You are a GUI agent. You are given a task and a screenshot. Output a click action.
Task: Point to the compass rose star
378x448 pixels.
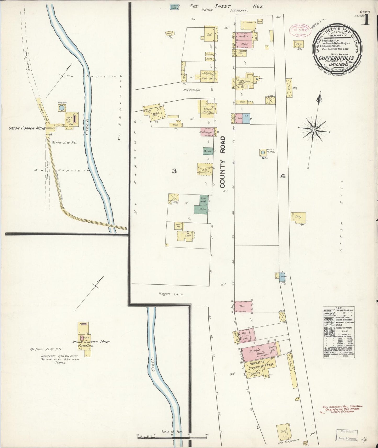pyautogui.click(x=314, y=130)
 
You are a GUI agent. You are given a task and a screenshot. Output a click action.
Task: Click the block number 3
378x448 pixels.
pyautogui.click(x=174, y=171)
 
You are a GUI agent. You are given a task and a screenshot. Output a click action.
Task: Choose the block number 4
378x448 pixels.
pyautogui.click(x=283, y=176)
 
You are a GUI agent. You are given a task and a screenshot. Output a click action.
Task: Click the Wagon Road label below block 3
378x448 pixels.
pyautogui.click(x=171, y=294)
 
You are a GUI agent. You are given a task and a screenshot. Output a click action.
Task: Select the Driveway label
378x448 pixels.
pyautogui.click(x=191, y=90)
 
